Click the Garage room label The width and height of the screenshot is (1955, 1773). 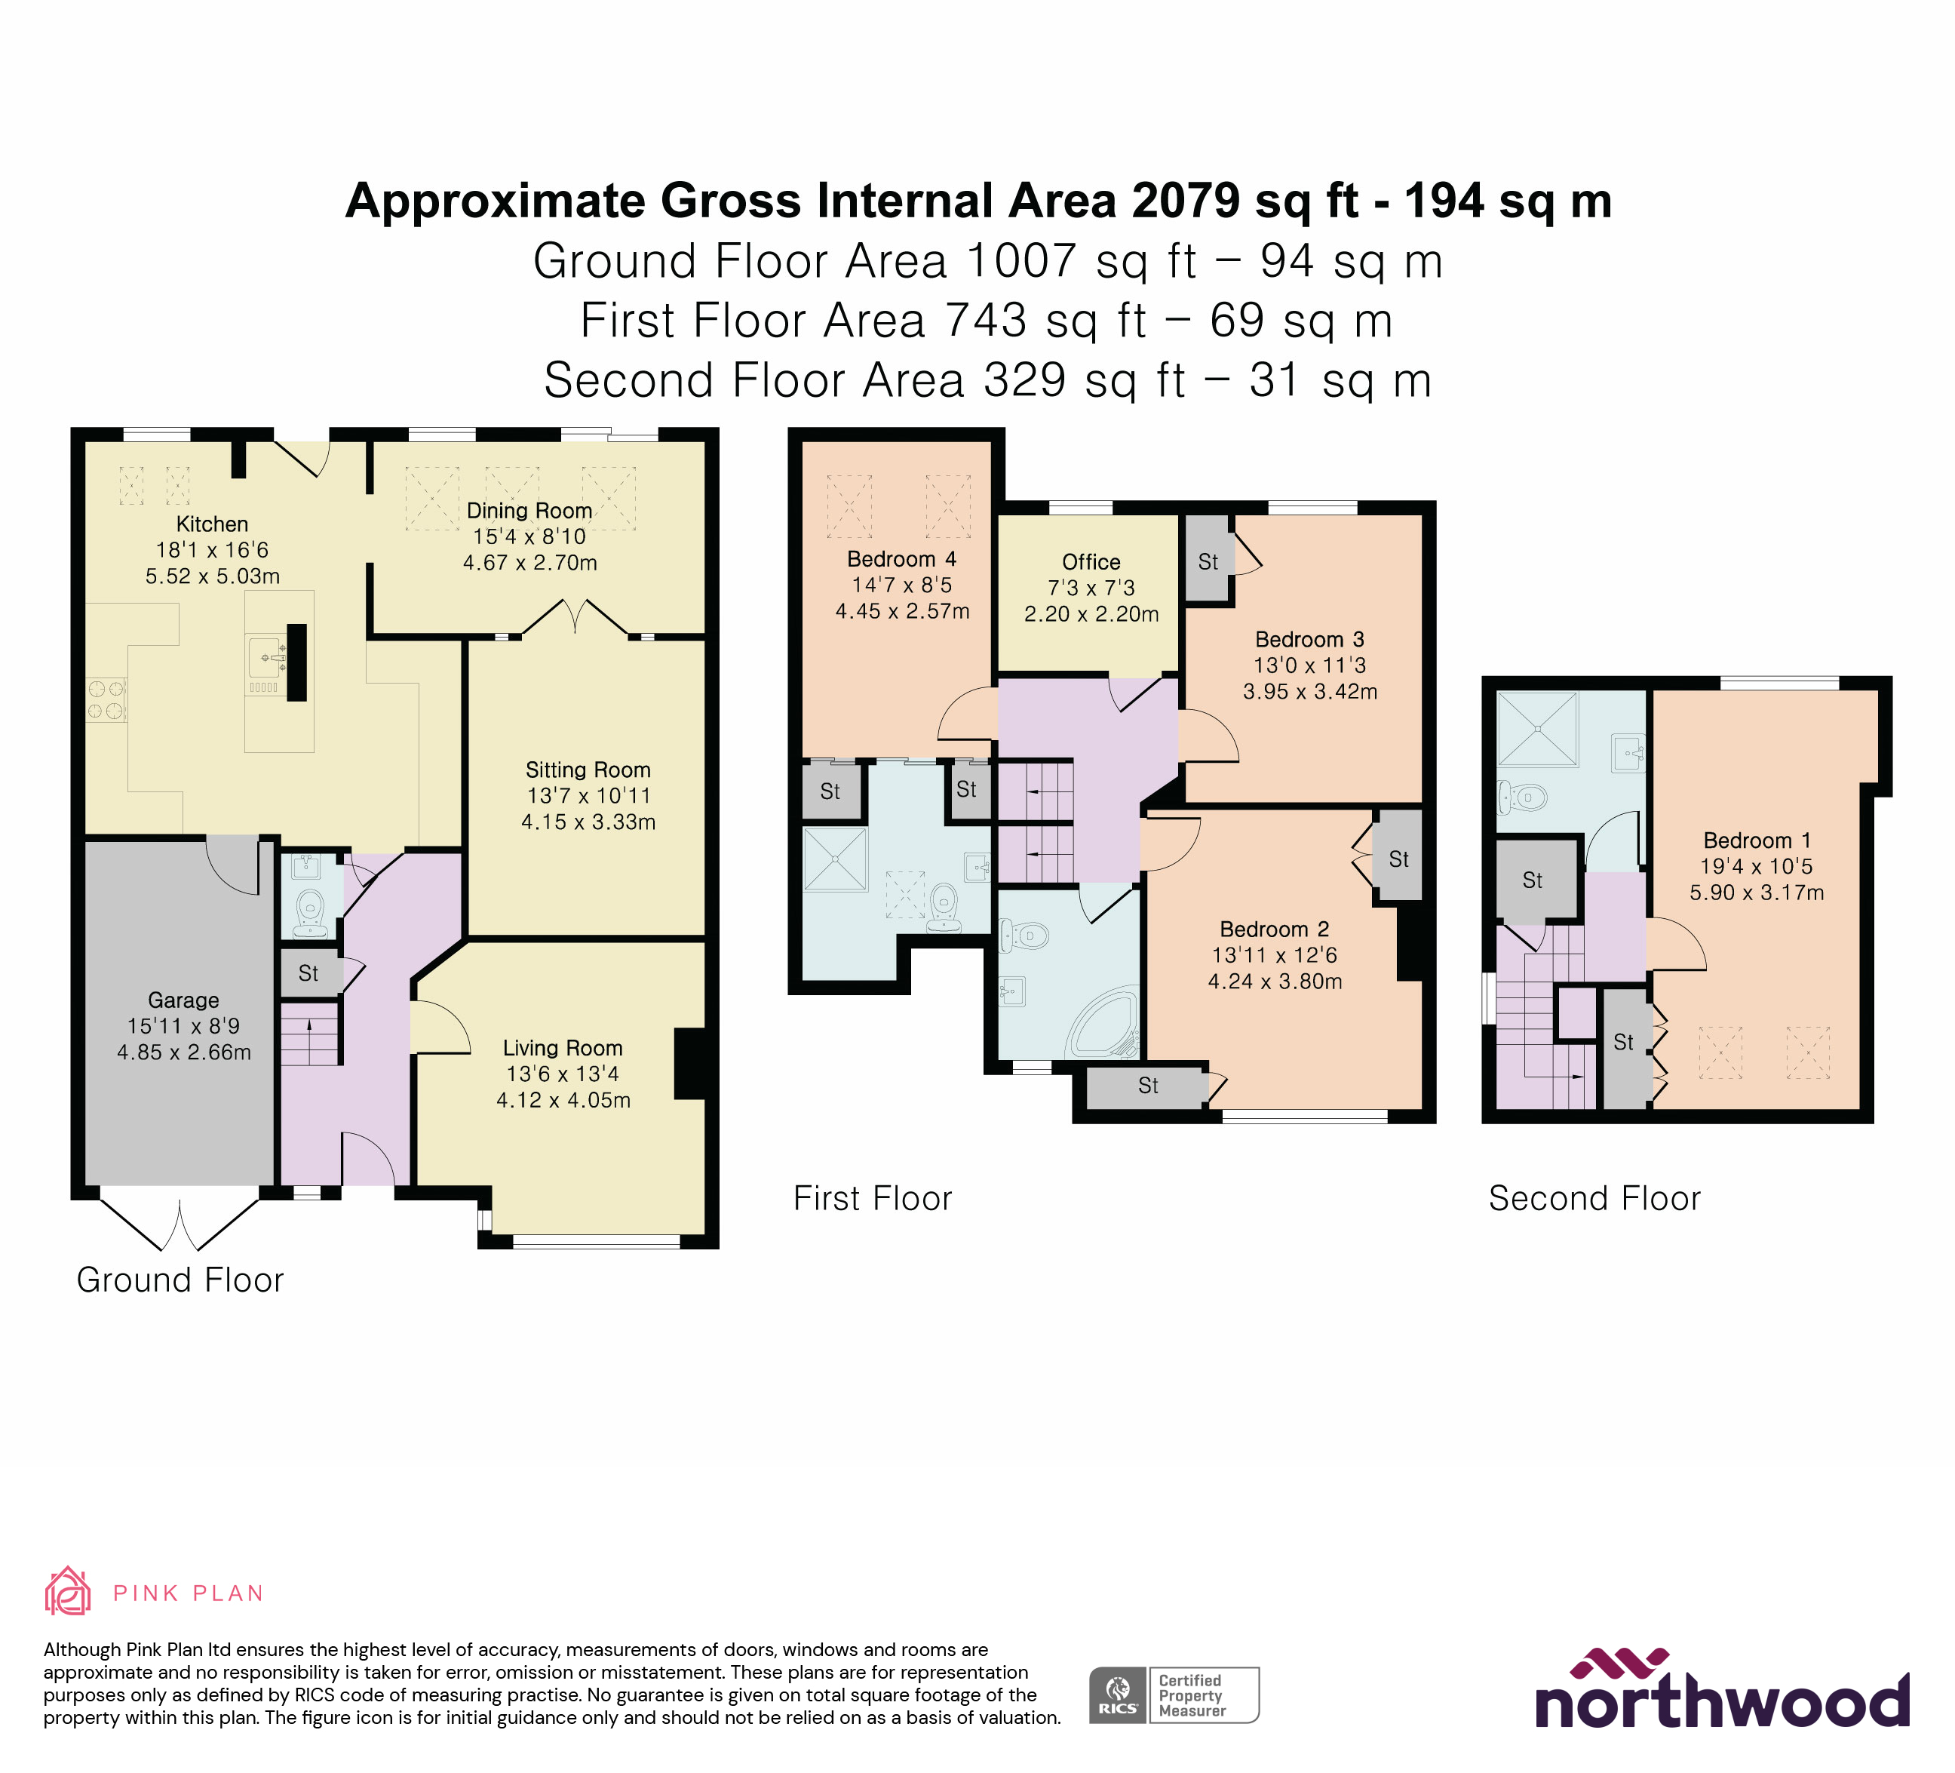pos(183,1000)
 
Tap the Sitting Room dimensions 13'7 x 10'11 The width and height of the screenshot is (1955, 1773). pos(588,795)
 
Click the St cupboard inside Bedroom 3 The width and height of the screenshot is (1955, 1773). pos(1208,561)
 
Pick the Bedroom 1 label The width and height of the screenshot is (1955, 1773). pos(1756,840)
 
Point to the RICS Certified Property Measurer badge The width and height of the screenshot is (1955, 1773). pos(1174,1695)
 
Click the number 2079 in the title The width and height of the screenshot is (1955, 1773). pos(1185,201)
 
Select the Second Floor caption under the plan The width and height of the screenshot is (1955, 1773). pos(1594,1198)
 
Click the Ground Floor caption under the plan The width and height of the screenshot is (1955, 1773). pos(180,1280)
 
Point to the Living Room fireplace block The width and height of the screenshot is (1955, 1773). pos(689,1063)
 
